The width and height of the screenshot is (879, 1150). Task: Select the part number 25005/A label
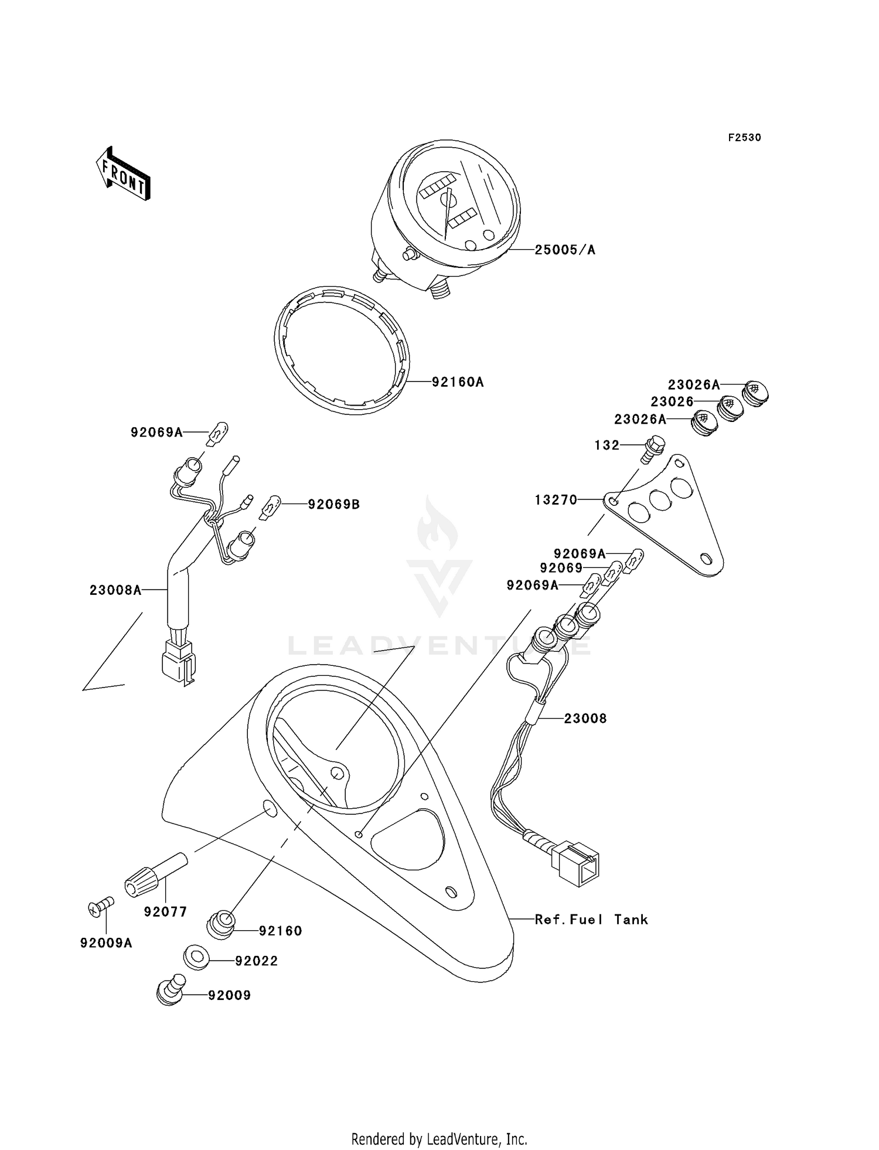coord(565,250)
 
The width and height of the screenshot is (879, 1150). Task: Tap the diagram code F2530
coord(744,138)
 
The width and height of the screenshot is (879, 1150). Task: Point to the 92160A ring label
coord(458,383)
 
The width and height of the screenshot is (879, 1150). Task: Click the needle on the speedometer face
coord(447,213)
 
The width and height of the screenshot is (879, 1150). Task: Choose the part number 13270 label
coord(556,500)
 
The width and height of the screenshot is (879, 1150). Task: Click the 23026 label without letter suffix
coord(672,402)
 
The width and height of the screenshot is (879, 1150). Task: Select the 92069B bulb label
coord(334,504)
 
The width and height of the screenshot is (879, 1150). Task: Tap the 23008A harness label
coord(115,590)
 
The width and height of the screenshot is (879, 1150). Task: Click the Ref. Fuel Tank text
coord(591,920)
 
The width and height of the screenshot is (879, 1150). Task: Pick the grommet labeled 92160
coord(222,925)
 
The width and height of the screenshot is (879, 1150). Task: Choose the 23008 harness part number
coord(585,719)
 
